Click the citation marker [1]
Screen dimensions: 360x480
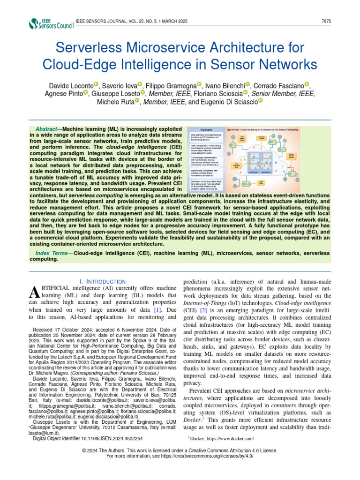[160, 310]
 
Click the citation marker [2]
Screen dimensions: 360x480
[203, 310]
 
